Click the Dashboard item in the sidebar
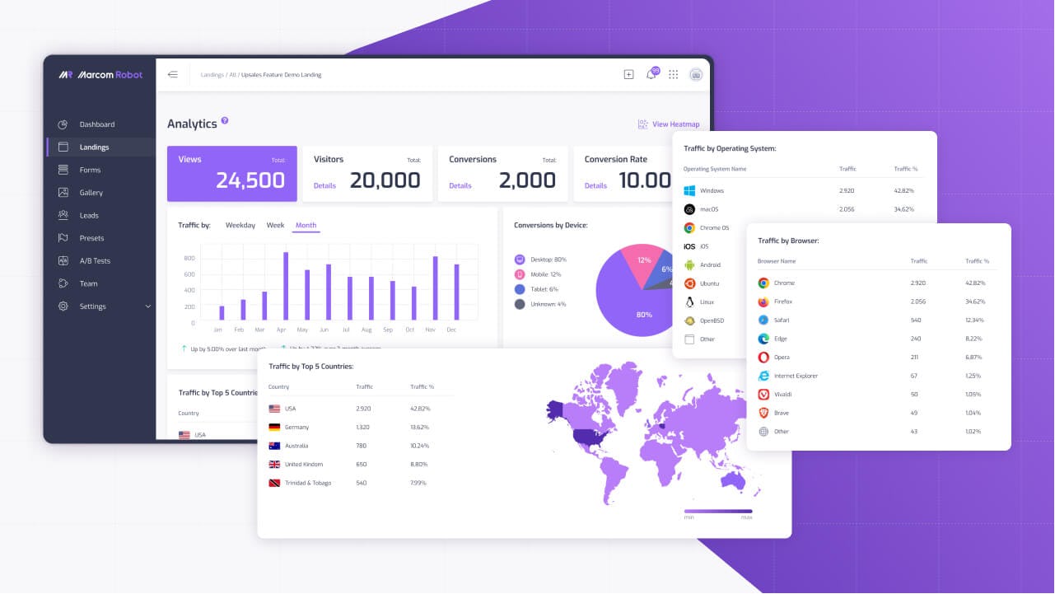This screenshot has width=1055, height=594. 96,124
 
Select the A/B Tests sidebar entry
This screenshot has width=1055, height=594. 94,261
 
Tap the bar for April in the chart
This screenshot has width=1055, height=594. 286,286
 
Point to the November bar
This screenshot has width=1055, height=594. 435,288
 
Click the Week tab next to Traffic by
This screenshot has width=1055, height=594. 275,225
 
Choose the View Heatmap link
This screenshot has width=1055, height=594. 675,124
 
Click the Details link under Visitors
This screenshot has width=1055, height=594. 324,185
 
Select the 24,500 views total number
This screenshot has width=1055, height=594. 250,180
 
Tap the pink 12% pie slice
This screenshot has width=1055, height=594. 642,260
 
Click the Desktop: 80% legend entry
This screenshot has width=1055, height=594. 544,260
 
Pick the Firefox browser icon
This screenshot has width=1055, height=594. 763,302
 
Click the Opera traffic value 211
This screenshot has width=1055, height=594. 914,358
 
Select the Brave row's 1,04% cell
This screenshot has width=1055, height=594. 974,413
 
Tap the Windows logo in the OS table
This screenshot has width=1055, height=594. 689,190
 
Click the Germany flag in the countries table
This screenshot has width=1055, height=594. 275,427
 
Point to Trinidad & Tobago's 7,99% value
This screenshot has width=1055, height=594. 419,483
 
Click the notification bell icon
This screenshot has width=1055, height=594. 651,75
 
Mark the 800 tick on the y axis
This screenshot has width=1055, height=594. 189,258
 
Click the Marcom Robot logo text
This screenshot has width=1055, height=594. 110,75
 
